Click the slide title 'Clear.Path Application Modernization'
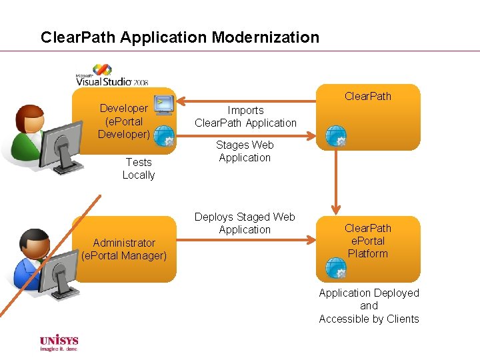coord(180,37)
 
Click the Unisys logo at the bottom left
coord(59,342)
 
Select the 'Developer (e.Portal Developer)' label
coord(123,121)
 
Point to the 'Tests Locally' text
coord(138,169)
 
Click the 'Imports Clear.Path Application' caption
coord(245,117)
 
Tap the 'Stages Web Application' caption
coord(245,151)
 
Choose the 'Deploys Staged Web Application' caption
coord(245,223)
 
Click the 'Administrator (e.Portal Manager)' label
coord(124,249)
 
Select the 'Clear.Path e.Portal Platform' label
coord(367,241)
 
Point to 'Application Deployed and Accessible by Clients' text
coord(369,306)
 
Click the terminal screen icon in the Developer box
coord(163,104)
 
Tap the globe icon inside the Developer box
coord(164,137)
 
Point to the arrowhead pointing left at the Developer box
coord(182,101)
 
